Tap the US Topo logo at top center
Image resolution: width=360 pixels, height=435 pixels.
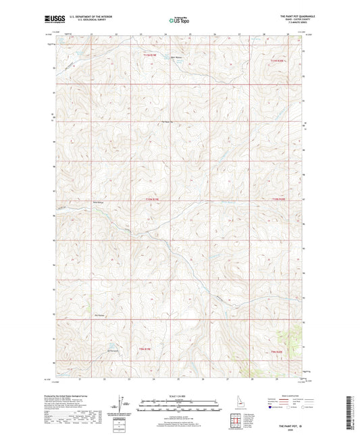pyautogui.click(x=178, y=21)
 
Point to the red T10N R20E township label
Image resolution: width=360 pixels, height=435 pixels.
pyautogui.click(x=278, y=199)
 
